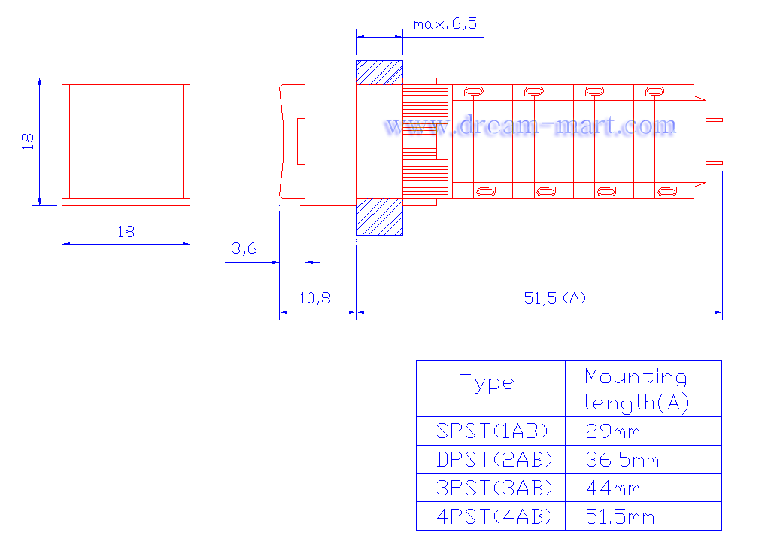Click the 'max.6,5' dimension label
tap(445, 24)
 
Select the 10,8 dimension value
tap(315, 298)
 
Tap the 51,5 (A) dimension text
tap(555, 298)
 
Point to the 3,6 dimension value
tap(244, 248)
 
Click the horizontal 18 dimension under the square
tap(126, 232)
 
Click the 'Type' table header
tap(487, 383)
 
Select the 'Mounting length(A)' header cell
tap(636, 389)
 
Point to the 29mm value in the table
tap(613, 431)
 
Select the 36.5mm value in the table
tap(622, 459)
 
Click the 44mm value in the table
tap(613, 488)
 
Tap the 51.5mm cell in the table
tap(621, 516)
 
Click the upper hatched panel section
tap(378, 72)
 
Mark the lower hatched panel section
tap(378, 217)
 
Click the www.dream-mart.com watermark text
tap(530, 125)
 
